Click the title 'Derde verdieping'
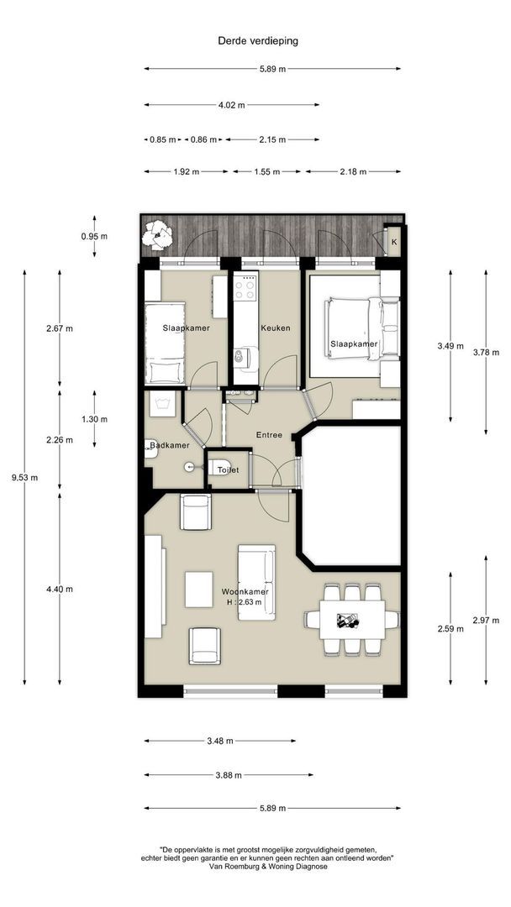257,41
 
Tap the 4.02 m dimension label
231,105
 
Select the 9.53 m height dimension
25,478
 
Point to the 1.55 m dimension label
266,172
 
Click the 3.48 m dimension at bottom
220,741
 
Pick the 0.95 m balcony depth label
94,236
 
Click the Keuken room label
276,328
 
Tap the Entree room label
269,435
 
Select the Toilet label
228,470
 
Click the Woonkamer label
245,592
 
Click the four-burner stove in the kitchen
245,287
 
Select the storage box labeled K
394,242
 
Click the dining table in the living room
352,620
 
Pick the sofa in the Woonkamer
256,582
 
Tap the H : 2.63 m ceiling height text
245,601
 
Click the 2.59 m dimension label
450,629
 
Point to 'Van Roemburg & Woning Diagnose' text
266,867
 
